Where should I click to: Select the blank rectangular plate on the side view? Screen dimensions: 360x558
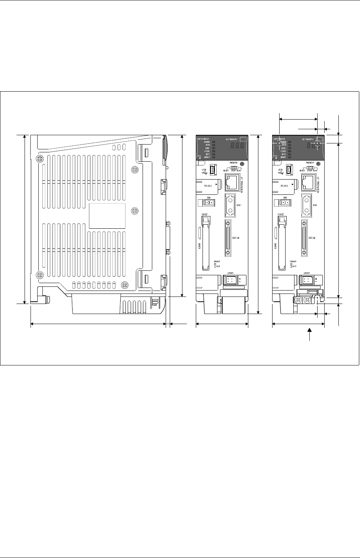[x=107, y=216]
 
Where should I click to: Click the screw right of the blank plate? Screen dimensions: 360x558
[x=135, y=211]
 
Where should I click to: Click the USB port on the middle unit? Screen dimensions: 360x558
[x=213, y=170]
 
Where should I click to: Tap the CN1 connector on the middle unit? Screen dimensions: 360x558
[x=230, y=205]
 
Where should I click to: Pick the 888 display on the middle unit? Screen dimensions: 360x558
[x=237, y=146]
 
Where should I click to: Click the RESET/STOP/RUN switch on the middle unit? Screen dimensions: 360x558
[x=234, y=168]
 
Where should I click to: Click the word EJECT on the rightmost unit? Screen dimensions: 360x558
[x=281, y=215]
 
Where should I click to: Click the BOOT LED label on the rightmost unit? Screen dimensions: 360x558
[x=283, y=158]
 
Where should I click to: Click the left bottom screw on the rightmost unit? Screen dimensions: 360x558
[x=298, y=299]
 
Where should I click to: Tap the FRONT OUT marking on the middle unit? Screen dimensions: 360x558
[x=217, y=264]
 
